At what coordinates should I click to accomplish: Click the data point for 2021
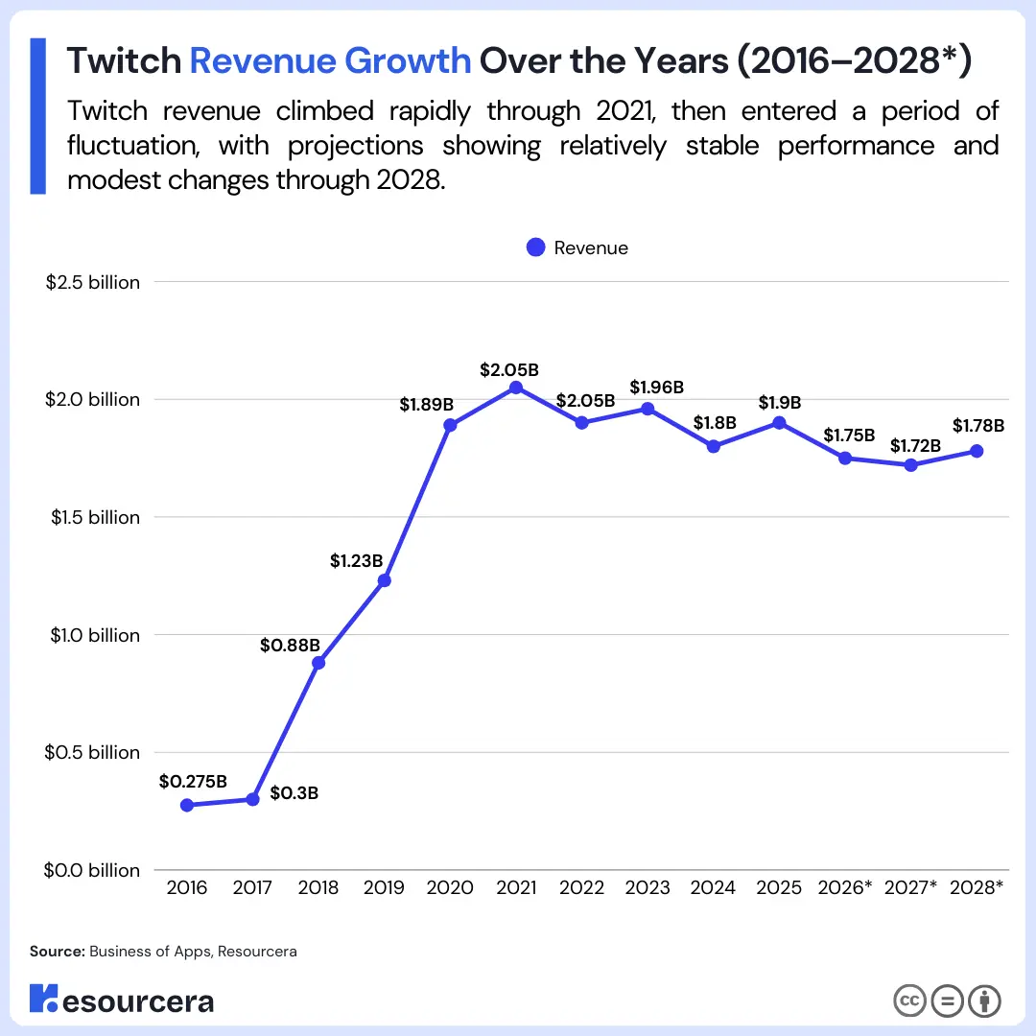point(516,388)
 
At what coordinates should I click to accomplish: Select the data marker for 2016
point(187,805)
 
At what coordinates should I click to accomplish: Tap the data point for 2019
point(385,580)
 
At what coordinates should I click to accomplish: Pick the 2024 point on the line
point(714,446)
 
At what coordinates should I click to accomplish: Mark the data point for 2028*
point(977,451)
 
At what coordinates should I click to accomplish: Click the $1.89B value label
point(426,405)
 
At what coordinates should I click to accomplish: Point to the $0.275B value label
point(193,781)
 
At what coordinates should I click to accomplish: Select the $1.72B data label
point(916,445)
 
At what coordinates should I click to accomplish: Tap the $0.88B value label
point(290,646)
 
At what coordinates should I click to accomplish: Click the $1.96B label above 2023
point(656,388)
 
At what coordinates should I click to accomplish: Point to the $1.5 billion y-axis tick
point(93,517)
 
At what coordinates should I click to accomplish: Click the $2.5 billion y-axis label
point(93,282)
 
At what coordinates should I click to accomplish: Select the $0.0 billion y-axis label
point(93,870)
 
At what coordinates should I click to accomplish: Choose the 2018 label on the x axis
point(318,887)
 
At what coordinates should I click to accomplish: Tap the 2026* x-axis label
point(845,887)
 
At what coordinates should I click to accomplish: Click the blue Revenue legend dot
point(536,247)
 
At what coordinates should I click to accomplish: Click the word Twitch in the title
point(124,61)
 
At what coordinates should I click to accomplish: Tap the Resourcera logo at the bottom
point(122,1000)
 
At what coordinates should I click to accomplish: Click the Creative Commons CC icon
point(908,1001)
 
